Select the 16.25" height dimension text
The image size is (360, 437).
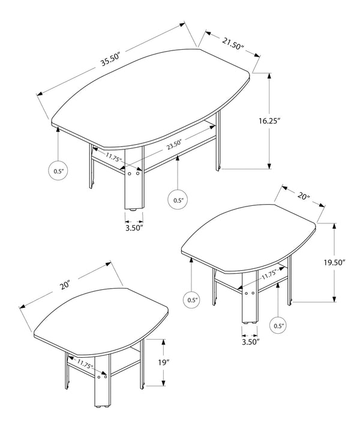[x=269, y=120]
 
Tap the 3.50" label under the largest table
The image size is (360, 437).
[x=133, y=228]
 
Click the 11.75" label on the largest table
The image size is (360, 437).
[x=113, y=158]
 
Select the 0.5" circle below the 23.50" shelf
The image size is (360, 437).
[x=178, y=199]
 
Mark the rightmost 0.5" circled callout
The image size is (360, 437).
[x=279, y=326]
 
